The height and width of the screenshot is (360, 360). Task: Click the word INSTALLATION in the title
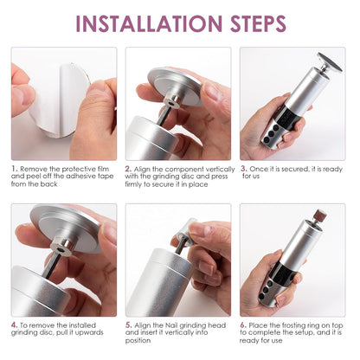(149, 23)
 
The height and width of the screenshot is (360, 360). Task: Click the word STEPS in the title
(258, 23)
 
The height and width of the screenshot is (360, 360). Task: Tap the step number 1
(14, 169)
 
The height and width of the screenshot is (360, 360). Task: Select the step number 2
(128, 169)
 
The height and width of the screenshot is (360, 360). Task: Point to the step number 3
(244, 169)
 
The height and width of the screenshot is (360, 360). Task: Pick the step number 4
(15, 325)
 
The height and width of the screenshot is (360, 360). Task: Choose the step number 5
(129, 325)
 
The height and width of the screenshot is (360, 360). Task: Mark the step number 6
(243, 325)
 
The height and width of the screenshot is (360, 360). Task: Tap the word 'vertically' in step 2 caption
(220, 170)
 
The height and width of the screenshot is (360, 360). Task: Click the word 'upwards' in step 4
(89, 333)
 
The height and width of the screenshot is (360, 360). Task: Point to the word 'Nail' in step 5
(171, 325)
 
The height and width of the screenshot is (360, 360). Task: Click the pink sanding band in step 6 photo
(320, 215)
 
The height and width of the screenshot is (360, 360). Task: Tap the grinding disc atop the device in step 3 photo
(330, 62)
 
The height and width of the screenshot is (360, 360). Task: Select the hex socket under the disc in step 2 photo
(172, 103)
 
